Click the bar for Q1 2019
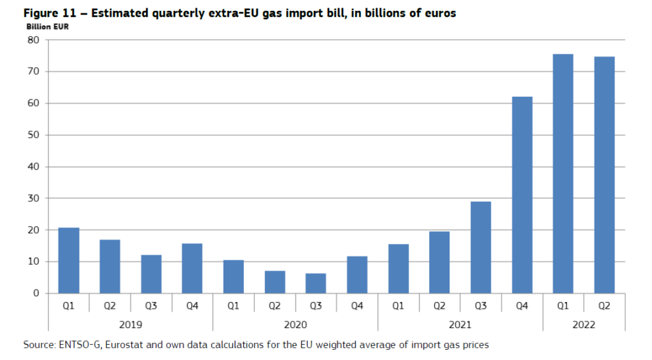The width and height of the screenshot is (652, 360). (x=69, y=261)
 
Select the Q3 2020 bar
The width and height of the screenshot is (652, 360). (x=316, y=284)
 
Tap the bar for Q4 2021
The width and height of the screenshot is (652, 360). (x=522, y=195)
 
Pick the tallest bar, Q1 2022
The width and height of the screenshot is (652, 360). (x=563, y=174)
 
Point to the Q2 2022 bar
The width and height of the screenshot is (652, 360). (x=604, y=175)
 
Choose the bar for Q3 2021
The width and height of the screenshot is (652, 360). (x=481, y=248)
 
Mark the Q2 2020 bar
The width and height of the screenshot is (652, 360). (x=275, y=282)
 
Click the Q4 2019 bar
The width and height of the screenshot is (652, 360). (x=192, y=268)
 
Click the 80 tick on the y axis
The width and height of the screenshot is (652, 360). (x=33, y=40)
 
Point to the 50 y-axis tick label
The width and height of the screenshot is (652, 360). (x=33, y=135)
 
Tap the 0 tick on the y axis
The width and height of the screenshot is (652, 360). (x=36, y=293)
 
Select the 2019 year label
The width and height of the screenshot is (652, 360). (x=131, y=324)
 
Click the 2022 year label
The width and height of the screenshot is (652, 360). (x=584, y=324)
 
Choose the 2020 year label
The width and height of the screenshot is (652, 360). (x=295, y=324)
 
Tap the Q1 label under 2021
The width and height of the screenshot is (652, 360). (x=398, y=306)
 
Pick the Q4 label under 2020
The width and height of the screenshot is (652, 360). (x=357, y=306)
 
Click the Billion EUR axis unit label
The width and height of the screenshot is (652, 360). (x=47, y=27)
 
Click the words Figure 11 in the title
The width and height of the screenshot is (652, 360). (x=50, y=13)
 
